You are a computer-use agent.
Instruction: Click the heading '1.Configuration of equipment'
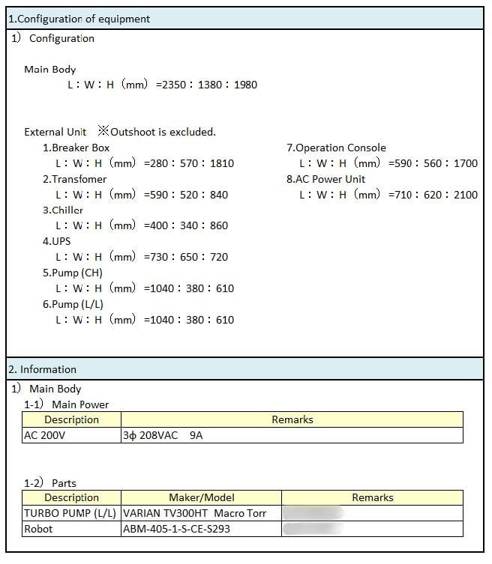pyautogui.click(x=79, y=19)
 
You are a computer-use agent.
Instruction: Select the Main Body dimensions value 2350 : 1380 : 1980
pyautogui.click(x=206, y=85)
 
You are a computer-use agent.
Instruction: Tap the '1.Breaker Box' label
pyautogui.click(x=76, y=148)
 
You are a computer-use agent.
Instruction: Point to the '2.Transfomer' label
pyautogui.click(x=74, y=179)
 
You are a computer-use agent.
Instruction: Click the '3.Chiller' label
pyautogui.click(x=62, y=210)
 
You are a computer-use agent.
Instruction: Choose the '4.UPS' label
pyautogui.click(x=56, y=241)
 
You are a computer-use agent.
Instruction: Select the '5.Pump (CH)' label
pyautogui.click(x=72, y=273)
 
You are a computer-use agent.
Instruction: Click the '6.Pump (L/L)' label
pyautogui.click(x=73, y=304)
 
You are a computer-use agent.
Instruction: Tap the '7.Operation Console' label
pyautogui.click(x=336, y=148)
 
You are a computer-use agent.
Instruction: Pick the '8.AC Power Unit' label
pyautogui.click(x=325, y=179)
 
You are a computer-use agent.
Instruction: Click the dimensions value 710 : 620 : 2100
pyautogui.click(x=433, y=195)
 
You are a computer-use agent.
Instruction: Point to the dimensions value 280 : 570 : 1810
pyautogui.click(x=189, y=163)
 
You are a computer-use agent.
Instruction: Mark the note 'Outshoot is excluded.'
pyautogui.click(x=163, y=132)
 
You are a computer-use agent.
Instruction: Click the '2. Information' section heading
pyautogui.click(x=42, y=369)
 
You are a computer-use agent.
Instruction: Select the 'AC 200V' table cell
pyautogui.click(x=45, y=435)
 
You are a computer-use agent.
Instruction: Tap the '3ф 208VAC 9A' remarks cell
pyautogui.click(x=163, y=435)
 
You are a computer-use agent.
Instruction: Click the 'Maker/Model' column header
pyautogui.click(x=201, y=497)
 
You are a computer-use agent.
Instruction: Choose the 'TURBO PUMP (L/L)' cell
pyautogui.click(x=70, y=513)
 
